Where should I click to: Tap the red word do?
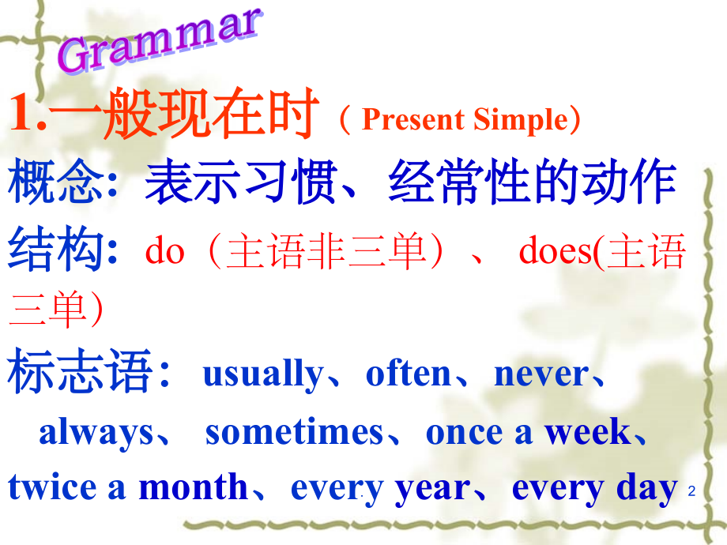tap(165, 252)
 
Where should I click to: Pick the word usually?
tap(262, 374)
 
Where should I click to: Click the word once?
tap(455, 432)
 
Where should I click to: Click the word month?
tap(193, 487)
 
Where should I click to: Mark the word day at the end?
tap(647, 488)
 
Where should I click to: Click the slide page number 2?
tap(691, 492)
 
